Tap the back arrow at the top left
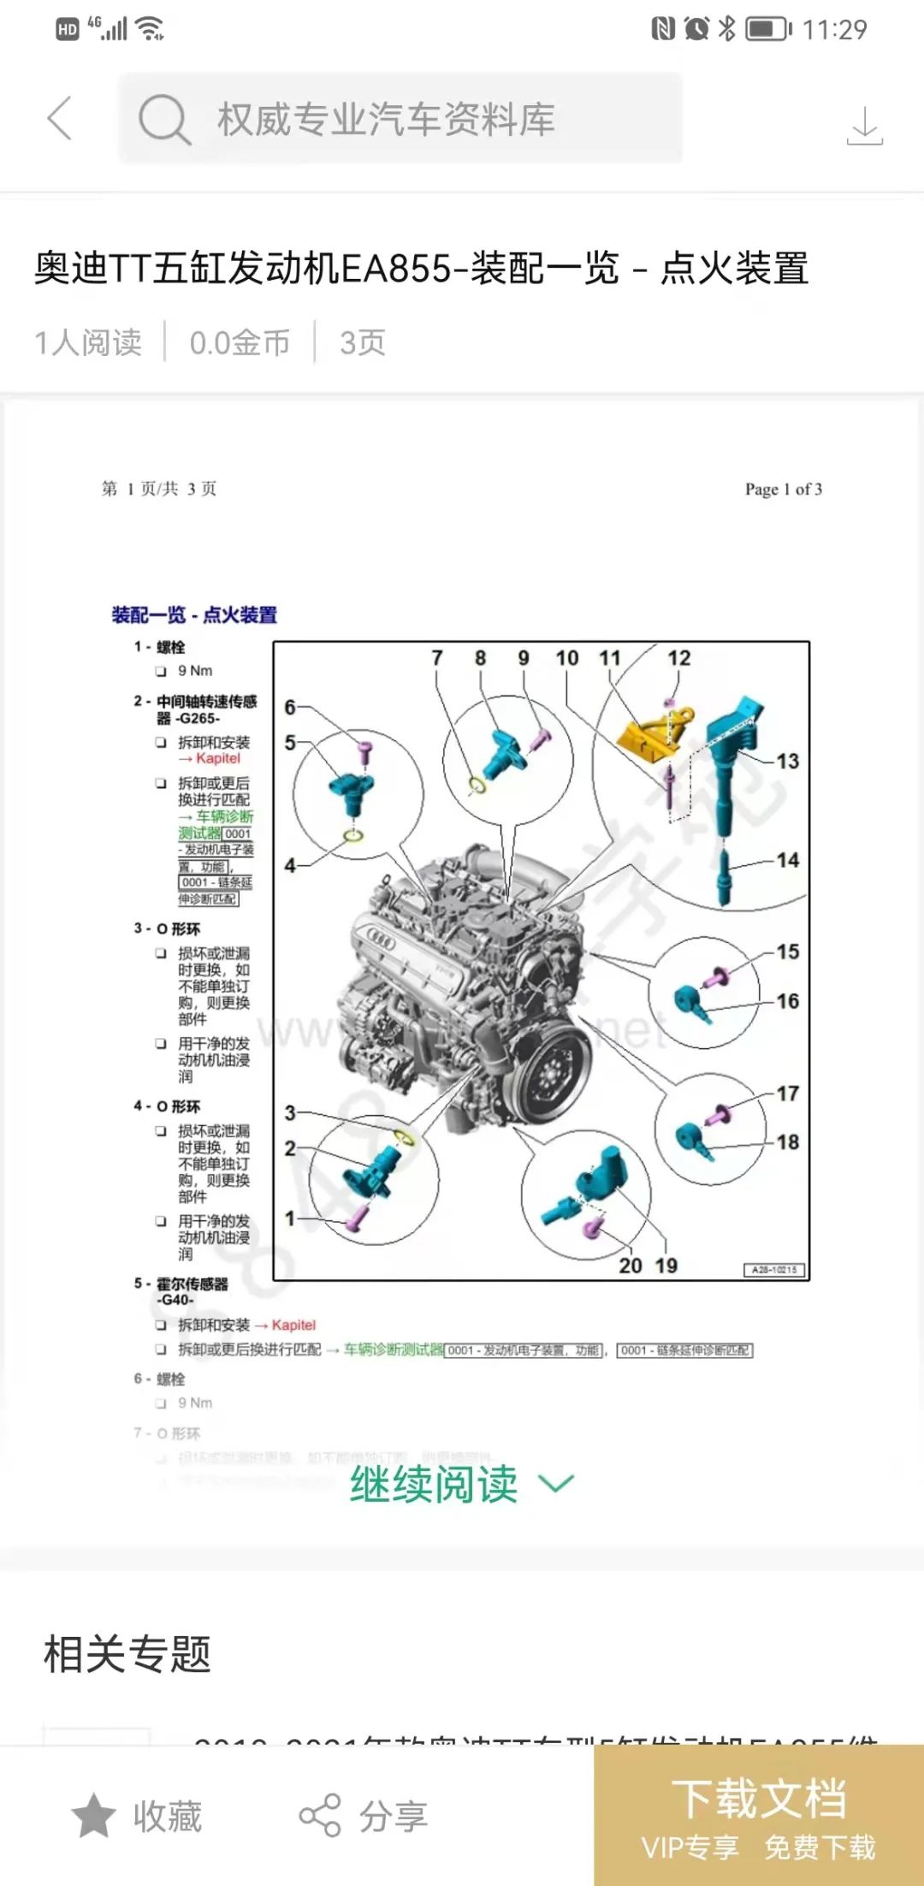pos(60,118)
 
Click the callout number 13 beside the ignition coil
pos(787,761)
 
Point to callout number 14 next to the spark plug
pos(788,860)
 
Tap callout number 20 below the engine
pos(631,1266)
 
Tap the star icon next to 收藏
pos(93,1815)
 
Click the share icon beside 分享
pos(320,1815)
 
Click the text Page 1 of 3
pos(783,489)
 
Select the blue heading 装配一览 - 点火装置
pos(194,614)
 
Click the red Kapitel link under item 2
pos(217,758)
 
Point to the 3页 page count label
pos(363,342)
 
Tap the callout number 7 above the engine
pos(437,658)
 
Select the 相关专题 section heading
pos(127,1653)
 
